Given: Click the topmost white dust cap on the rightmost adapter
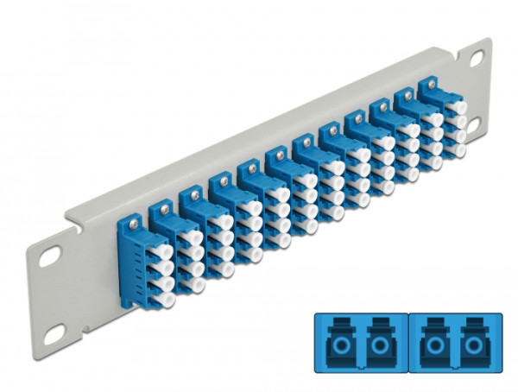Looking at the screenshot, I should (458, 109).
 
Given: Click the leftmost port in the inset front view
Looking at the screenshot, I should (338, 343).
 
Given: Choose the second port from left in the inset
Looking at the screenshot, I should (380, 343).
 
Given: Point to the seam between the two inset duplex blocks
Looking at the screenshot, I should (405, 343).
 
